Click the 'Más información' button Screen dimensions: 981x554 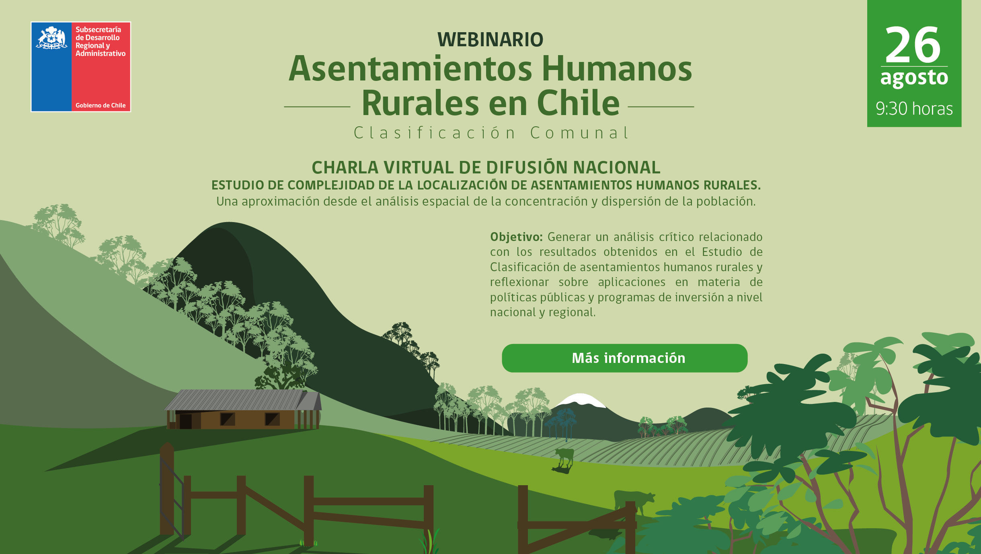point(624,358)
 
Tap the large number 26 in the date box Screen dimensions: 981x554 point(913,44)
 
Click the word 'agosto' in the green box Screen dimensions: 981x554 point(914,78)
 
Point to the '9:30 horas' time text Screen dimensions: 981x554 point(914,109)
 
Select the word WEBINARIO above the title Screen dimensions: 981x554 point(490,39)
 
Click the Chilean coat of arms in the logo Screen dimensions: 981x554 point(51,38)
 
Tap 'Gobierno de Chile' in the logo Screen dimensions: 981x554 point(101,105)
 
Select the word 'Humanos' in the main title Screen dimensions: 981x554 point(617,69)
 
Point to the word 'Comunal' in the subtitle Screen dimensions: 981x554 point(579,133)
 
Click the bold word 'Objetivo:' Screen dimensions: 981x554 point(516,237)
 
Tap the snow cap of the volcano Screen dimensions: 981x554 point(581,400)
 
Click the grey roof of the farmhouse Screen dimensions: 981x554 point(237,400)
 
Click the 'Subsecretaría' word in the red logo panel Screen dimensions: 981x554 point(98,30)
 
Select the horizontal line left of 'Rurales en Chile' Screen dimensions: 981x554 point(317,107)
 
